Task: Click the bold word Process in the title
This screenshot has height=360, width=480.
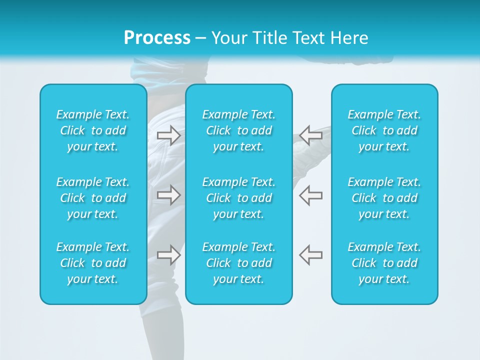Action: pos(157,38)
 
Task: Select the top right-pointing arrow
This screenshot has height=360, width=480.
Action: pos(168,135)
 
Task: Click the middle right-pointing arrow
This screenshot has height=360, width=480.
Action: pos(168,195)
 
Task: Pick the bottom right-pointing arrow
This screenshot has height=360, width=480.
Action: pos(168,255)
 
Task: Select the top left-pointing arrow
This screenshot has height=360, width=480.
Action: pos(310,135)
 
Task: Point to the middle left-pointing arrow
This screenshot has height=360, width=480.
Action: pos(310,195)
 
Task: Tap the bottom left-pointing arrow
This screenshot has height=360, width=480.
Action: pos(310,255)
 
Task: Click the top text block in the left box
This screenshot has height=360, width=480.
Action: pos(93,130)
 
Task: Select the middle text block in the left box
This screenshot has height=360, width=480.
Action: pos(93,198)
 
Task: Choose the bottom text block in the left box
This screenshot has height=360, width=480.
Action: pos(93,263)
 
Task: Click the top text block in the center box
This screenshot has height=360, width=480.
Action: pos(239,130)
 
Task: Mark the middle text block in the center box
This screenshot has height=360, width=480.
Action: pos(239,198)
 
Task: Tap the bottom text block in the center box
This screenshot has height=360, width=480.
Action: pos(239,263)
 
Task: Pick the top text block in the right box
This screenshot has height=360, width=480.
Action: pos(384,130)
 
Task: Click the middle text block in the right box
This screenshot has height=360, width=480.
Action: pos(384,198)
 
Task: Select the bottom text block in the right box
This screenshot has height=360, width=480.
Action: pos(384,263)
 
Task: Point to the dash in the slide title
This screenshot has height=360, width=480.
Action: pos(201,38)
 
